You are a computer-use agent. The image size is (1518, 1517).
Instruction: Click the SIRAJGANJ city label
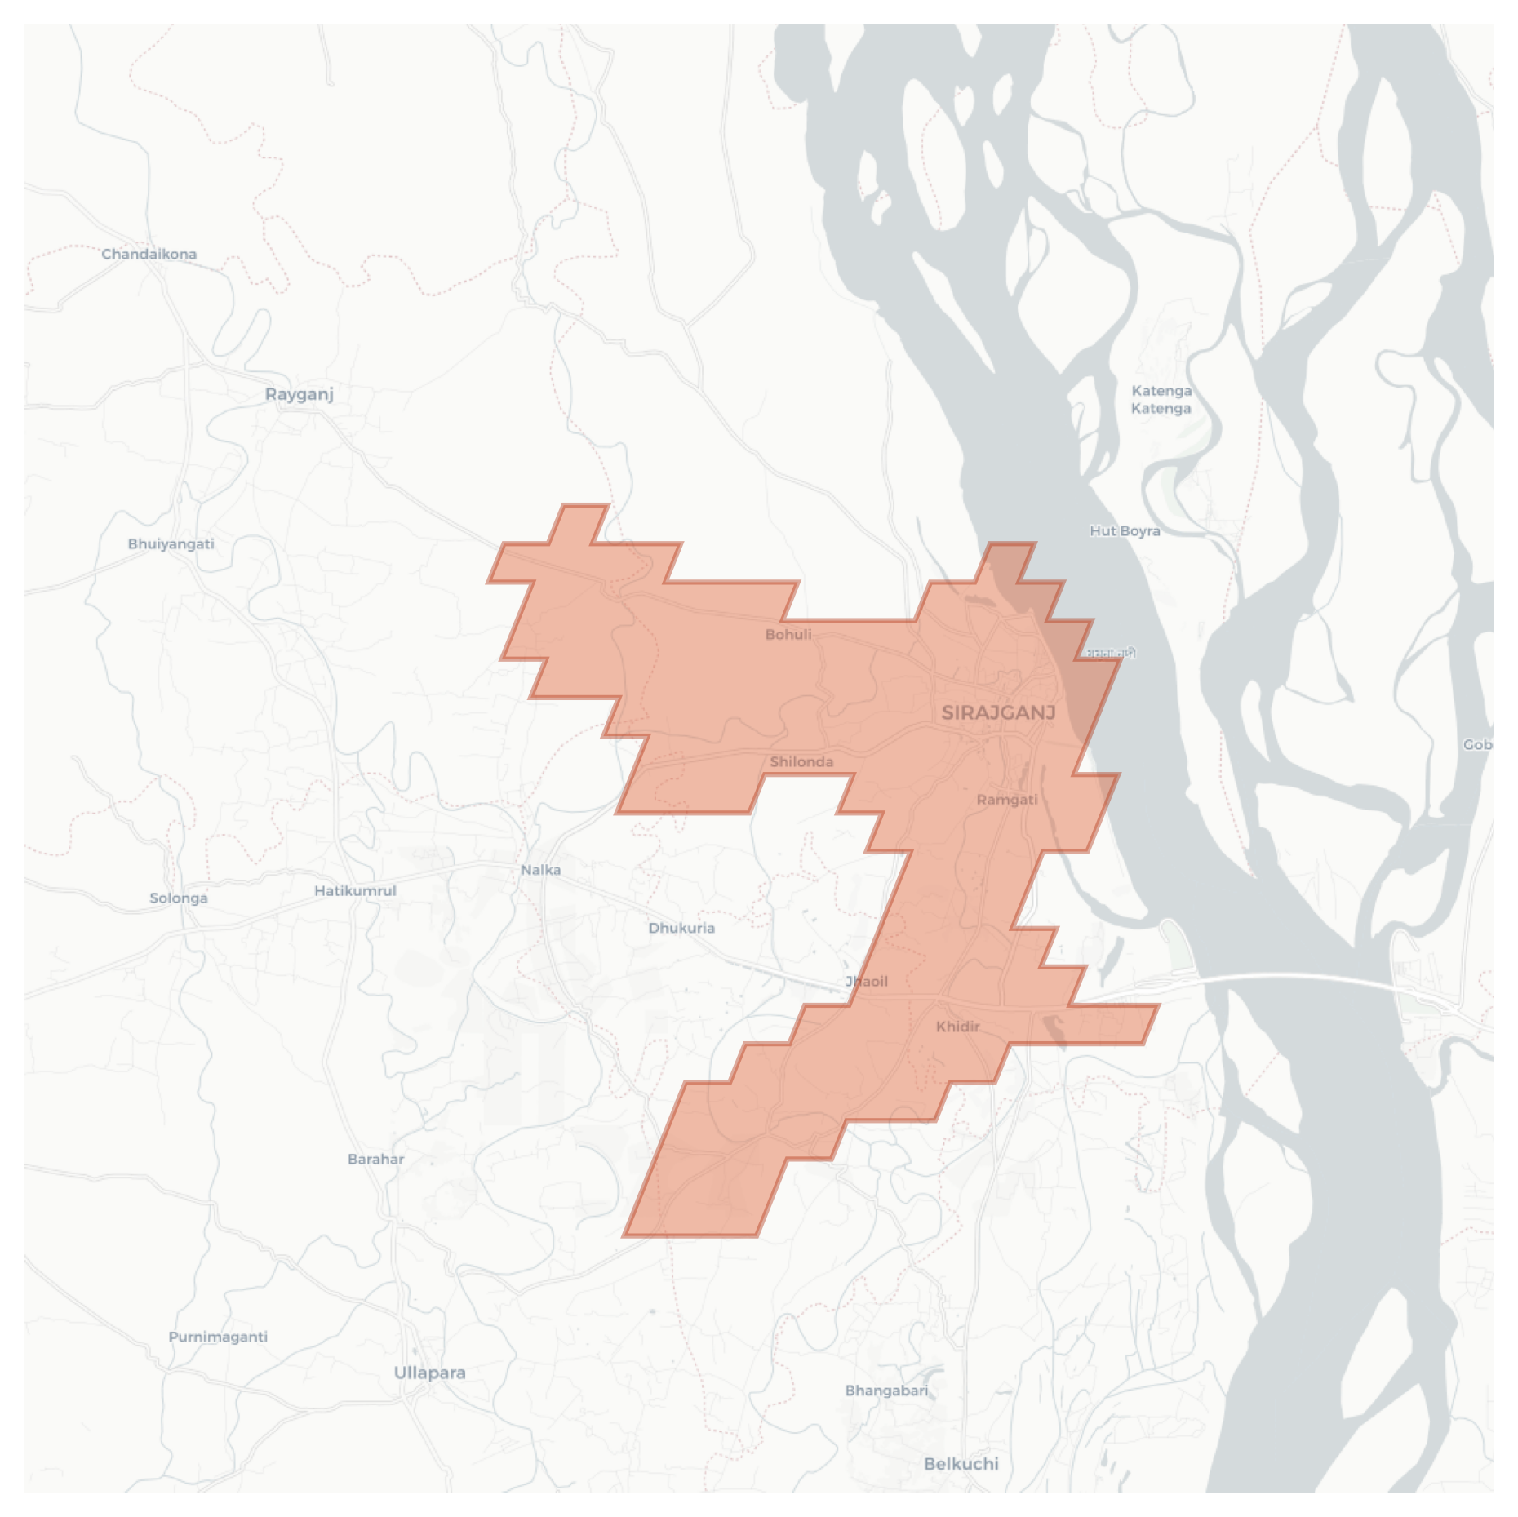(998, 712)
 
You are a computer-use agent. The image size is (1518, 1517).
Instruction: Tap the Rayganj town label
(300, 394)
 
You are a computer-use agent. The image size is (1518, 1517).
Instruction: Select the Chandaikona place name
(149, 254)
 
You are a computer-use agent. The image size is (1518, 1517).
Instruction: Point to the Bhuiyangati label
(171, 543)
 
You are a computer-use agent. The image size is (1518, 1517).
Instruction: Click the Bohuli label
(788, 634)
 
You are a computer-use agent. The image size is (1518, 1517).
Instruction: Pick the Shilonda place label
(801, 761)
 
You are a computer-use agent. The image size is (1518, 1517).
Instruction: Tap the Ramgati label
(1007, 800)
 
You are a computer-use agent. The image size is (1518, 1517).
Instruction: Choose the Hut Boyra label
(1125, 530)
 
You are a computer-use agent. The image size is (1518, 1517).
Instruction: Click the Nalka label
(540, 870)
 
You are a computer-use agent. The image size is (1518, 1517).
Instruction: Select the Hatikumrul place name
(355, 890)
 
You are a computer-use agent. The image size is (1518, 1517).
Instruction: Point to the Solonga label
(179, 898)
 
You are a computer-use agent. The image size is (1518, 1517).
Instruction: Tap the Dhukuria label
(681, 928)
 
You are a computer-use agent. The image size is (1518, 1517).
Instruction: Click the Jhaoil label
(867, 981)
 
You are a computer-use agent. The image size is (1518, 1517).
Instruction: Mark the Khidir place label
(957, 1026)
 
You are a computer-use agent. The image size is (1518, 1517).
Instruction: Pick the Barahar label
(375, 1159)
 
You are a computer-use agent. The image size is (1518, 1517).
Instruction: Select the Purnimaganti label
(218, 1337)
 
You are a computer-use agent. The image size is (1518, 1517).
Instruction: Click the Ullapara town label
(429, 1373)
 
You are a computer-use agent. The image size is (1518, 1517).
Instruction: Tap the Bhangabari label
(886, 1391)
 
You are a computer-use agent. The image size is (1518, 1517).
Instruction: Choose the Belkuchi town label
(961, 1464)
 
